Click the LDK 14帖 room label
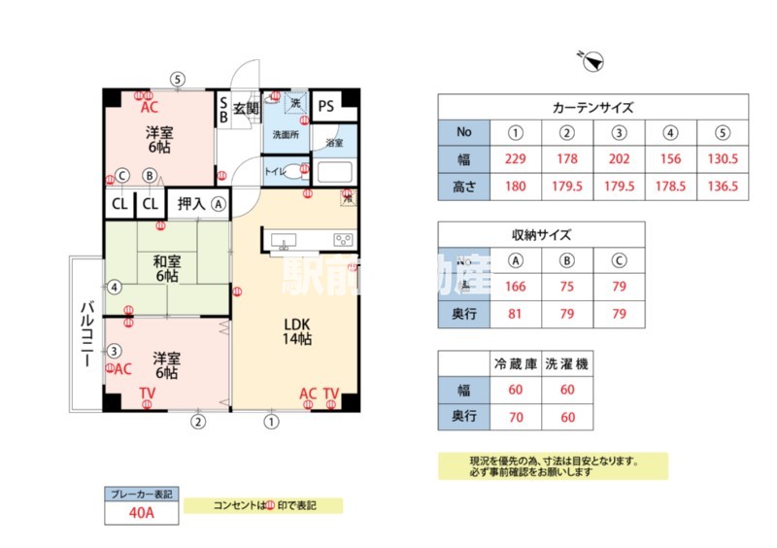click(296, 331)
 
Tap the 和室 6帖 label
click(166, 268)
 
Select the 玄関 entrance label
click(245, 108)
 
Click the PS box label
click(325, 105)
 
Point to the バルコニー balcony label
click(85, 333)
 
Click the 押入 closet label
click(190, 204)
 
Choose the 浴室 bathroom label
click(333, 143)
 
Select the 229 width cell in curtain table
click(516, 159)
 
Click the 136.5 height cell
click(724, 186)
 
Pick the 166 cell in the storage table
click(516, 287)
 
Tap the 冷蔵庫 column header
click(516, 363)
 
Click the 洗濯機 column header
click(567, 363)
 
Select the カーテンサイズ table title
click(592, 108)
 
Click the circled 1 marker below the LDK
click(271, 422)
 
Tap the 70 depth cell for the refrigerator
click(516, 416)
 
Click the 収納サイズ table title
click(541, 234)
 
